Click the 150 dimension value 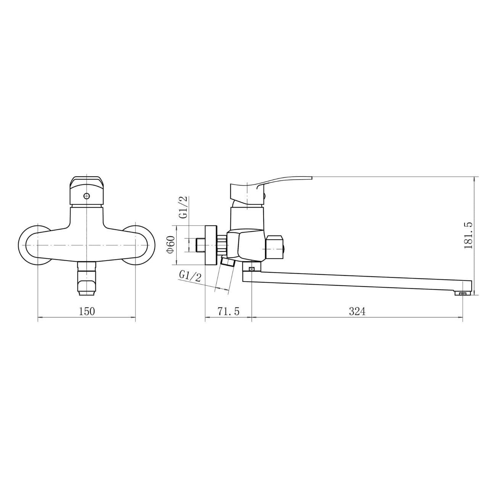[x=87, y=311]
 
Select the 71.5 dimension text [x=228, y=311]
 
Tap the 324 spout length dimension [x=357, y=311]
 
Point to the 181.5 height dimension [x=469, y=235]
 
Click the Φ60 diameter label [x=171, y=244]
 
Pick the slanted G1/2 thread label [x=190, y=277]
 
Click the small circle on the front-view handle [x=87, y=196]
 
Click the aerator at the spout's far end [x=463, y=293]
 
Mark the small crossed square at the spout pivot [x=251, y=269]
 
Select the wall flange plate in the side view [x=211, y=245]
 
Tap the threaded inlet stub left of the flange [x=199, y=245]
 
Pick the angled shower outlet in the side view [x=227, y=262]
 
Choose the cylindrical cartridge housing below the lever [x=246, y=217]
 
